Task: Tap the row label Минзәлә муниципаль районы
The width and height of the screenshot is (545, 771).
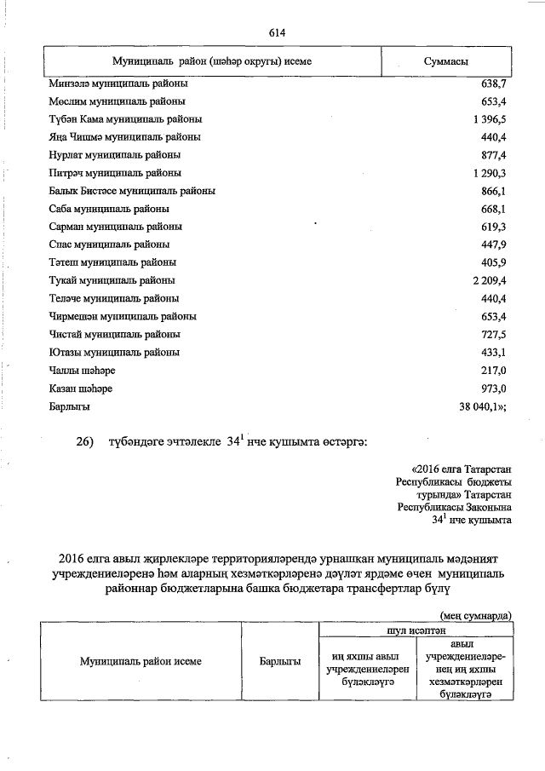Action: (x=119, y=84)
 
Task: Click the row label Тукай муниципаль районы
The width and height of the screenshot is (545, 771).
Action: (x=112, y=280)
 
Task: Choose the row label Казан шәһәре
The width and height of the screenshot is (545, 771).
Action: (x=81, y=388)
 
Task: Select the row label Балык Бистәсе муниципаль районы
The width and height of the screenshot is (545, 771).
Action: (x=132, y=191)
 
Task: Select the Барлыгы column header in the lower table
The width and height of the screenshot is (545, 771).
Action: (x=280, y=661)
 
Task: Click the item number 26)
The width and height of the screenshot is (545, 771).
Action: (x=89, y=442)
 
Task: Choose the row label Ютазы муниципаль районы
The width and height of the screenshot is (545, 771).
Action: (x=114, y=352)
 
